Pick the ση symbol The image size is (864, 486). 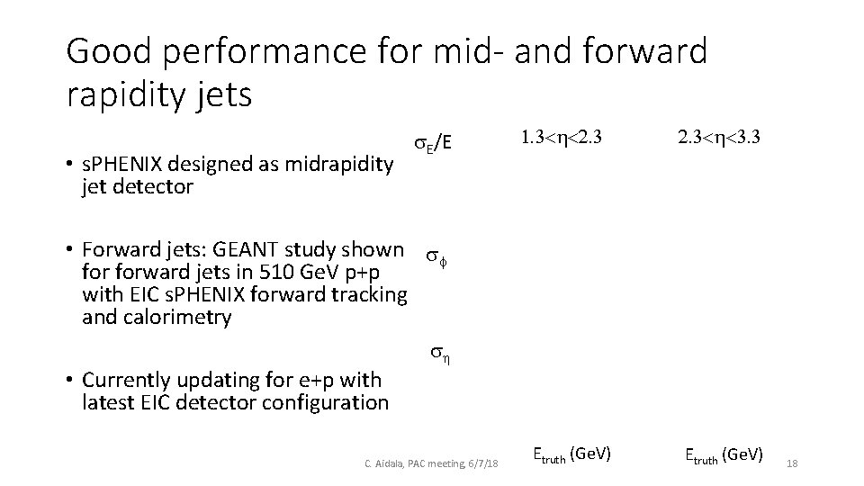(x=439, y=354)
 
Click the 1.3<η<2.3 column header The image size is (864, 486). (x=561, y=139)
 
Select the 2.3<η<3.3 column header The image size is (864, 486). (x=721, y=139)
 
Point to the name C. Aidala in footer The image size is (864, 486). (x=384, y=463)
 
